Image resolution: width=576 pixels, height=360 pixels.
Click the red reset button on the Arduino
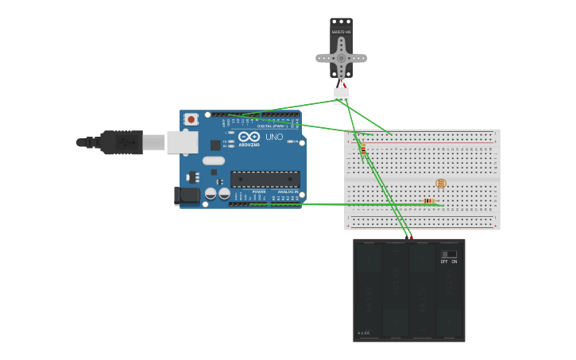point(191,119)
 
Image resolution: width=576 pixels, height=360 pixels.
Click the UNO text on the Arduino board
point(274,137)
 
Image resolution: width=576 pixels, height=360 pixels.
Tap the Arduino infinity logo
point(249,137)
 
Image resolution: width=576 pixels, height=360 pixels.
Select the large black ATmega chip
point(265,179)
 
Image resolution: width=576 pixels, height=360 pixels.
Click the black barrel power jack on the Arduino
point(187,195)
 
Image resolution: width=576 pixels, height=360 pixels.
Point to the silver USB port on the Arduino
point(182,142)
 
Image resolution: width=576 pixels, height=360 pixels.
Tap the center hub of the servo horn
point(342,57)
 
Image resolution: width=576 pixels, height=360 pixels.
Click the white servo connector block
point(342,95)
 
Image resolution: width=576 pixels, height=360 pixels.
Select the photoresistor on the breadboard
point(441,184)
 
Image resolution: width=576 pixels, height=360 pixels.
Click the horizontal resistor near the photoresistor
point(429,201)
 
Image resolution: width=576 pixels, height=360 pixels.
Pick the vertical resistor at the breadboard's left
point(363,150)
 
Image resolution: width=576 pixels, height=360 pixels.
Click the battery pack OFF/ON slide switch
point(449,254)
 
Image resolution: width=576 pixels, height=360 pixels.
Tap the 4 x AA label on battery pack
point(364,333)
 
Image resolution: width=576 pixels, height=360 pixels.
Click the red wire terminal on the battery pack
point(411,238)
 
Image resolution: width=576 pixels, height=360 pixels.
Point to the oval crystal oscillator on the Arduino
point(214,161)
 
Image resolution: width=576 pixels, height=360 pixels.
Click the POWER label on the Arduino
point(259,192)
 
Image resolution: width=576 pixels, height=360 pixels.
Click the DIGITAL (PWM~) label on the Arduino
point(272,126)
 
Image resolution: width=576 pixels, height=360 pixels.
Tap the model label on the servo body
point(342,32)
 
